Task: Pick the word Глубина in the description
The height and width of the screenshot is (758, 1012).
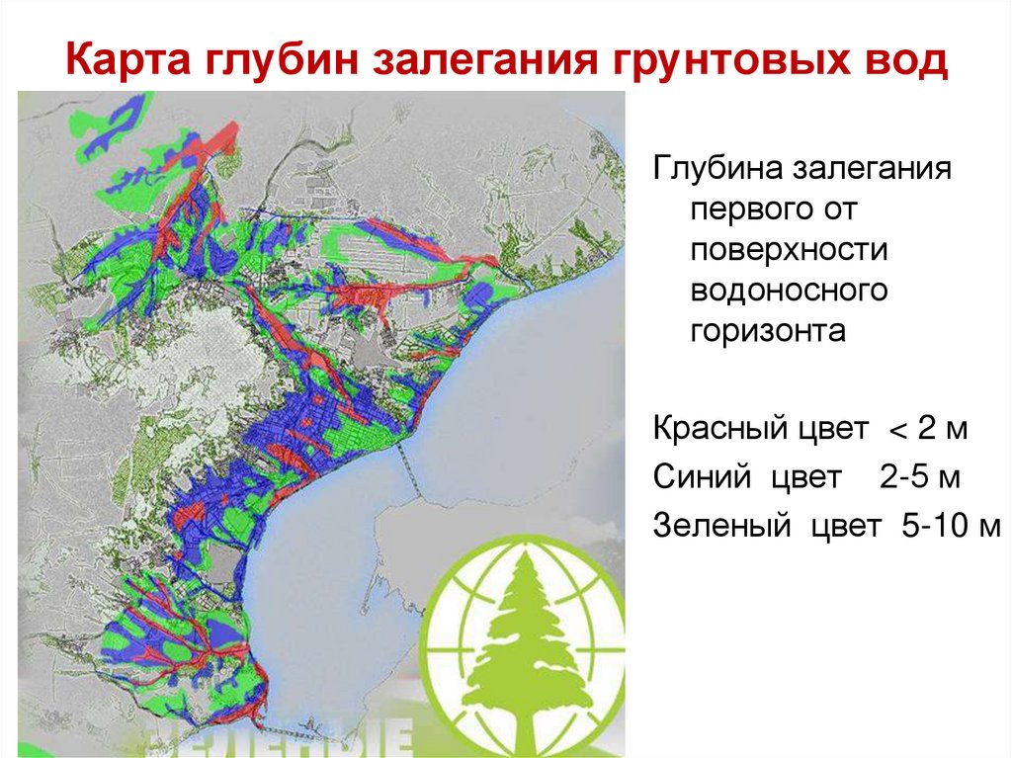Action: coord(715,170)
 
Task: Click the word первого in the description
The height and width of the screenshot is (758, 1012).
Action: coord(756,210)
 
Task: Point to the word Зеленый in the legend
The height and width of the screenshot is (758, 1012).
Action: coord(721,525)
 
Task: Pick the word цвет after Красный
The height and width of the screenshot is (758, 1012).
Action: coord(828,432)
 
